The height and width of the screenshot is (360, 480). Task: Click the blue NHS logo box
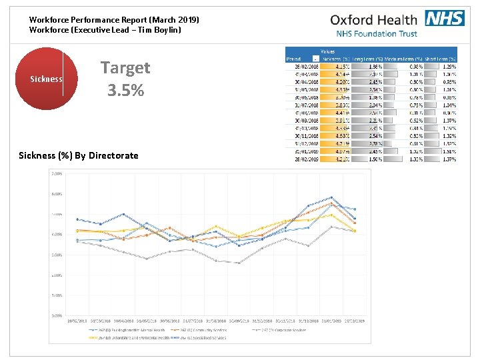point(444,19)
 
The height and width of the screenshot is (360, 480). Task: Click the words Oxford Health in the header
point(374,20)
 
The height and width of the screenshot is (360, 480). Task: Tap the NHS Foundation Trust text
point(377,34)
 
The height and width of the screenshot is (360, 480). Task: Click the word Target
point(125,67)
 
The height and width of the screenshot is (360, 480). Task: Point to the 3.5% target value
point(125,89)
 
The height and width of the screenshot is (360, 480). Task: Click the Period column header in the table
point(294,59)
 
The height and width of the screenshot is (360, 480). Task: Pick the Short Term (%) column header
point(441,59)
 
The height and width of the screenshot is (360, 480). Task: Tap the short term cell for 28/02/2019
point(441,160)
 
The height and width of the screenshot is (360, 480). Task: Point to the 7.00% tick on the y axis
point(57,173)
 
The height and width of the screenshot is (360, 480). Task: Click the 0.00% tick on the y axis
point(57,315)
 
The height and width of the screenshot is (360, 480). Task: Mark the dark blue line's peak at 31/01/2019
point(331,197)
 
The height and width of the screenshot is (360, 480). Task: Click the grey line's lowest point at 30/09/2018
point(239,263)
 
